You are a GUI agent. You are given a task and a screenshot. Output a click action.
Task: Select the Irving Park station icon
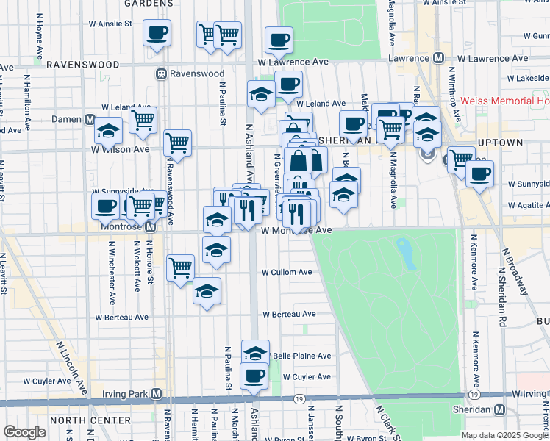pos(156,393)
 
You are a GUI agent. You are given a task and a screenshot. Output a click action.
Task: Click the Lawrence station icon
pos(438,58)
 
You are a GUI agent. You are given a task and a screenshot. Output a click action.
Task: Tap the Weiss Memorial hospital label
pos(504,101)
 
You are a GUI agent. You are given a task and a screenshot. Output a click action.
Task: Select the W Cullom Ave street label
pos(287,272)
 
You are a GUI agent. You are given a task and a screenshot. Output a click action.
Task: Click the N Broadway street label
pos(514,270)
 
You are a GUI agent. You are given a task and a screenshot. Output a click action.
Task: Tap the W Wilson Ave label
pos(120,149)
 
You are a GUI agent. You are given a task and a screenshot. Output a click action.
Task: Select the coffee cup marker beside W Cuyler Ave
pos(255,376)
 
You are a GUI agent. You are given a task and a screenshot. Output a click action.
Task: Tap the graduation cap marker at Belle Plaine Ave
pos(255,353)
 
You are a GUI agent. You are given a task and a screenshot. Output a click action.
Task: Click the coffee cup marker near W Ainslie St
pos(157,32)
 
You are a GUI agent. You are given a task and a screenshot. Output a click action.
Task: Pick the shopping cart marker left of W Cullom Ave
pos(180,268)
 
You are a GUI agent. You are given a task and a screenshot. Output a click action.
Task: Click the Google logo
pos(24,432)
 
